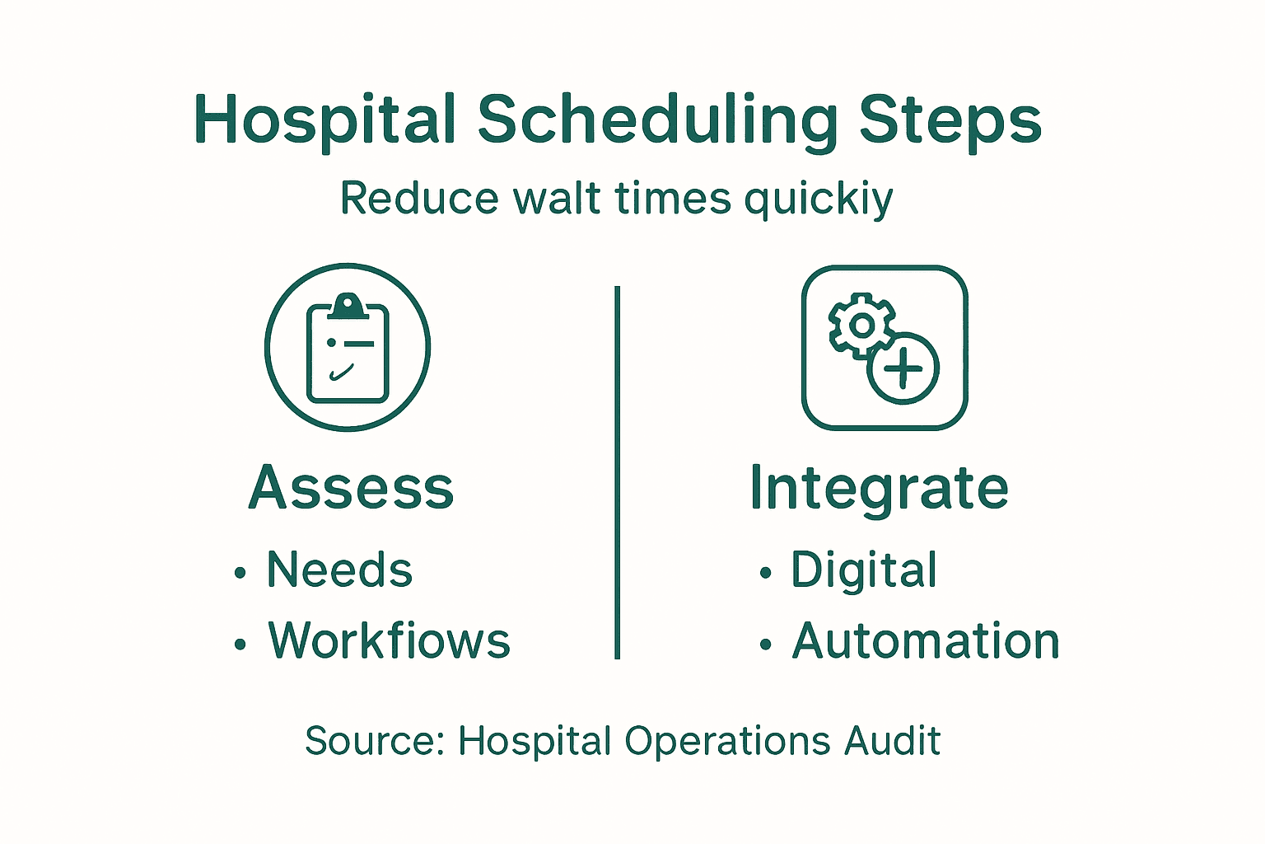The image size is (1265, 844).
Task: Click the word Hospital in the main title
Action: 324,120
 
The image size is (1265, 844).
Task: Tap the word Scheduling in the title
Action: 657,121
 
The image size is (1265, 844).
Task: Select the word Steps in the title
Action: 950,121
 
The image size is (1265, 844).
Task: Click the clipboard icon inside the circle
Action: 348,350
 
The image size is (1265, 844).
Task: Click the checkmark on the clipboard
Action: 341,373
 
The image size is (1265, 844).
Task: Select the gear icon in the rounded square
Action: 861,326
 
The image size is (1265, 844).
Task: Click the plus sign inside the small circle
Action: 903,368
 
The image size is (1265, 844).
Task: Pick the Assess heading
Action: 351,487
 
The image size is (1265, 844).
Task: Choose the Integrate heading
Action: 879,489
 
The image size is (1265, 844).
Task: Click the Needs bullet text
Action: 339,570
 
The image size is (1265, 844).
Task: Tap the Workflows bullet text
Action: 389,640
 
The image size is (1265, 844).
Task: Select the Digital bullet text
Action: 864,570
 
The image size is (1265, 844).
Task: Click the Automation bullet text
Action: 926,640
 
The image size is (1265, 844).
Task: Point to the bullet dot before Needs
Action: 240,573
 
